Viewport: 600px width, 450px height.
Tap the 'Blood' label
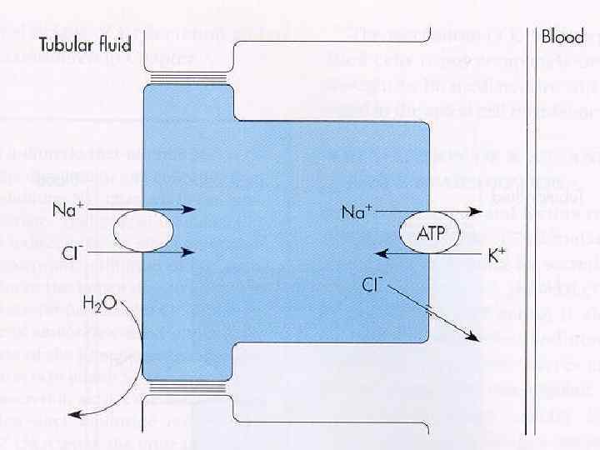(562, 37)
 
